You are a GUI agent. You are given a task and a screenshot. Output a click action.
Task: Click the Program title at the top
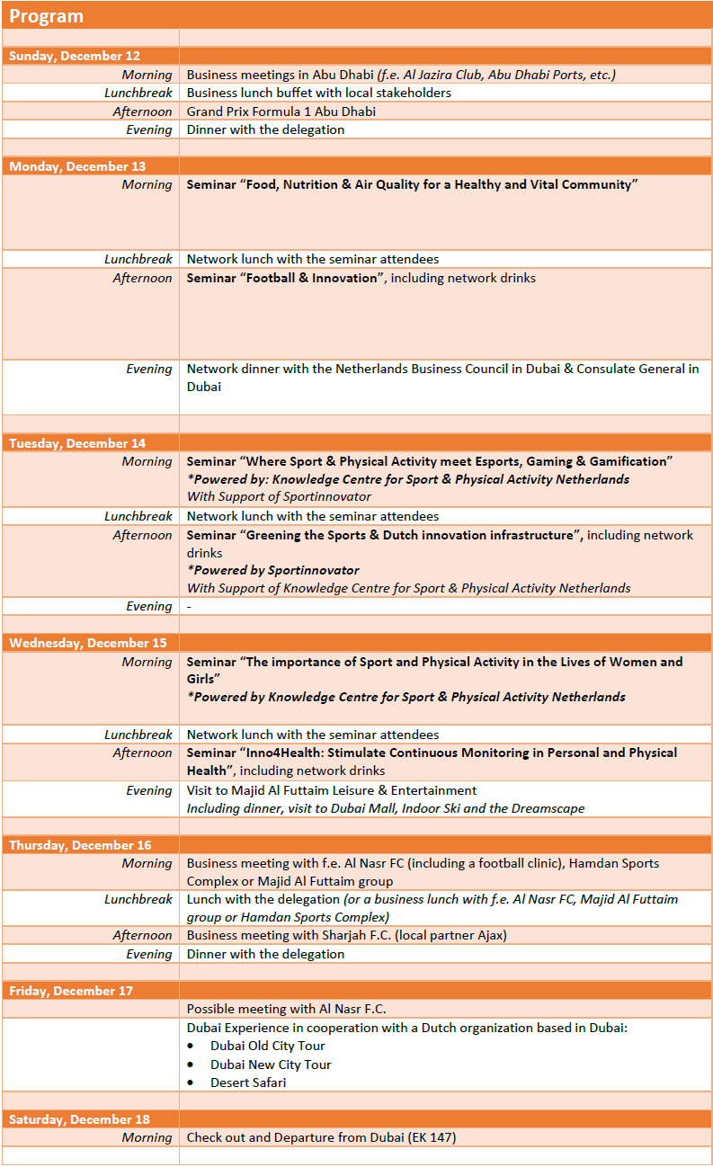pyautogui.click(x=46, y=16)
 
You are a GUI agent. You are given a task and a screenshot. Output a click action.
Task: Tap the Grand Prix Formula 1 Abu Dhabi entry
pyautogui.click(x=281, y=111)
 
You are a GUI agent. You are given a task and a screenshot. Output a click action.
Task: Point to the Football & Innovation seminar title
pyautogui.click(x=282, y=278)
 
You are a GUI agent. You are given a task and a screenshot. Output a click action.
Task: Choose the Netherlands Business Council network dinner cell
pyautogui.click(x=442, y=378)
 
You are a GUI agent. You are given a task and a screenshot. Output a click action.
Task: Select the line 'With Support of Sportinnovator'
pyautogui.click(x=279, y=496)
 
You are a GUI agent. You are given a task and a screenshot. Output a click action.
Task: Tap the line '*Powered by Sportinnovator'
pyautogui.click(x=272, y=570)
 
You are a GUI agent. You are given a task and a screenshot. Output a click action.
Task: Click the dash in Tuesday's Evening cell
pyautogui.click(x=189, y=606)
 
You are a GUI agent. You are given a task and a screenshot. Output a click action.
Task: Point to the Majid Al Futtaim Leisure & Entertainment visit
pyautogui.click(x=332, y=790)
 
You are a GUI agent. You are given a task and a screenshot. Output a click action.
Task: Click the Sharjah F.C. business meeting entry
pyautogui.click(x=346, y=935)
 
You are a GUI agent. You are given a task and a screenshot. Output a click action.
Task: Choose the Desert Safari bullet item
pyautogui.click(x=248, y=1082)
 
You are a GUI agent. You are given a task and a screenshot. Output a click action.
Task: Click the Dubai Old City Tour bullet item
pyautogui.click(x=267, y=1046)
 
